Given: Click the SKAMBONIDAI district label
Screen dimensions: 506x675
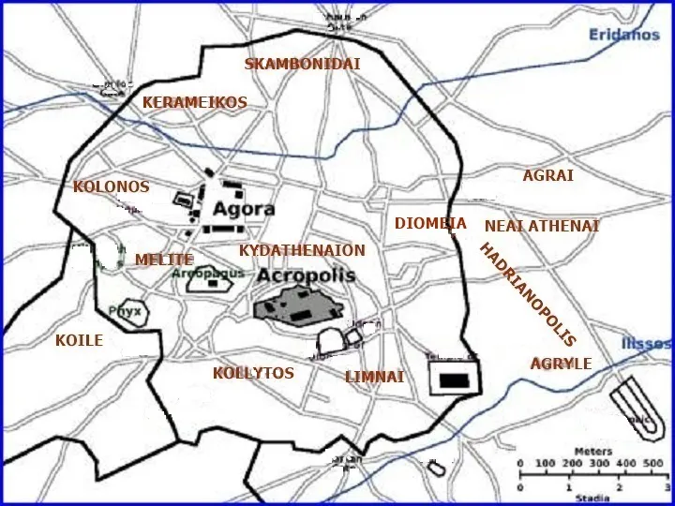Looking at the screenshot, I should point(302,65).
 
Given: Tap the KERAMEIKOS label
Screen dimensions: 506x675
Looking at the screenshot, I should point(194,102).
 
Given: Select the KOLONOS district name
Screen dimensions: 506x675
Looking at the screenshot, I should point(111,187).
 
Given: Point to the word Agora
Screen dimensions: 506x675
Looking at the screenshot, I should point(244,209).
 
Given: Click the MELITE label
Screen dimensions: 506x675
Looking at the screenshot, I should point(163,260).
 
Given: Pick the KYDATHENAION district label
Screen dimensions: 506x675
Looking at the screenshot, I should point(301,251).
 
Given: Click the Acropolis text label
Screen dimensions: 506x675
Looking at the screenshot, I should point(306,275).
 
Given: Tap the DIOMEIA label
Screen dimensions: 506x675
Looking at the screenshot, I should point(430,224).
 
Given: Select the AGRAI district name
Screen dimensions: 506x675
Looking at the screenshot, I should point(547,175).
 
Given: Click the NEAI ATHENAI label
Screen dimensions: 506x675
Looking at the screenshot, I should point(541,227).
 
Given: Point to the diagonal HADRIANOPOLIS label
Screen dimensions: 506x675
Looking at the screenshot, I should point(527,294).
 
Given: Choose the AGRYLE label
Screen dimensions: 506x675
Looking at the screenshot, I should point(561,364).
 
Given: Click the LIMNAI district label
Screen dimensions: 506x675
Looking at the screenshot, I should point(374,377).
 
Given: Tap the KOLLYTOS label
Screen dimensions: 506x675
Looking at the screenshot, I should point(253,373).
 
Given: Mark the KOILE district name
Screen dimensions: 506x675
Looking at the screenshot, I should point(79,341).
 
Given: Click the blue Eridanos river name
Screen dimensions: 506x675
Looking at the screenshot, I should point(624,35).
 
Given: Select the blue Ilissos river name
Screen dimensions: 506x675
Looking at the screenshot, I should point(647,344).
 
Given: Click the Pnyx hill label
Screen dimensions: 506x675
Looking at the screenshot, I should point(125,311).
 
